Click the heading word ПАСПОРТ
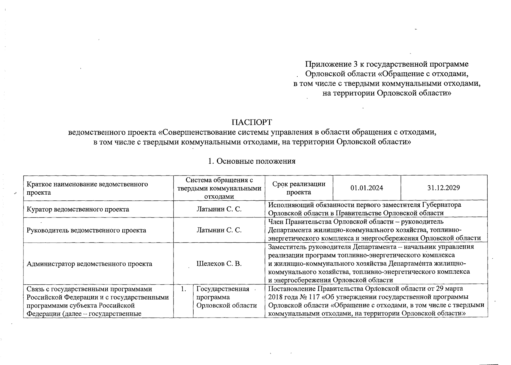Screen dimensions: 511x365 (x=251, y=122)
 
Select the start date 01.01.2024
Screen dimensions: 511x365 (x=366, y=188)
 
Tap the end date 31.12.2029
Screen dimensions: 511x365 (x=443, y=188)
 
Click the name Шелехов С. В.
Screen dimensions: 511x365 (x=219, y=264)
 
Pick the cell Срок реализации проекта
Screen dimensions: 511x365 (x=299, y=188)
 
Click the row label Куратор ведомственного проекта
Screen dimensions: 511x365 (x=78, y=209)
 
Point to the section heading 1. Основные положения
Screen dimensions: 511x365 (x=251, y=161)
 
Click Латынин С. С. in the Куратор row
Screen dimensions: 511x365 (x=219, y=209)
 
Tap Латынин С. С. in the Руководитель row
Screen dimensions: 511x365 (x=219, y=230)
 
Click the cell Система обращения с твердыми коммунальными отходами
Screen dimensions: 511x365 (x=219, y=188)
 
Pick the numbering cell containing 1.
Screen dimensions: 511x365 (x=183, y=289)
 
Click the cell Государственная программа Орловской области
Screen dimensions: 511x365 (x=227, y=297)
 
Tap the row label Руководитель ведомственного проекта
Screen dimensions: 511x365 (x=86, y=230)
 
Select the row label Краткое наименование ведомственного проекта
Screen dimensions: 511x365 (x=87, y=188)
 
